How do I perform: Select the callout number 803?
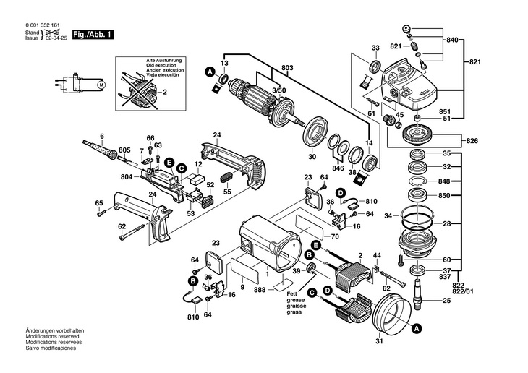coord(287,68)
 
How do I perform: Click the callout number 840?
coord(453,38)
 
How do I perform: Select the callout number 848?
coord(446,181)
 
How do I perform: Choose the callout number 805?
coord(124,150)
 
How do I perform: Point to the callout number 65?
coord(99,203)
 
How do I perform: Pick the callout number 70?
coord(335,236)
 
